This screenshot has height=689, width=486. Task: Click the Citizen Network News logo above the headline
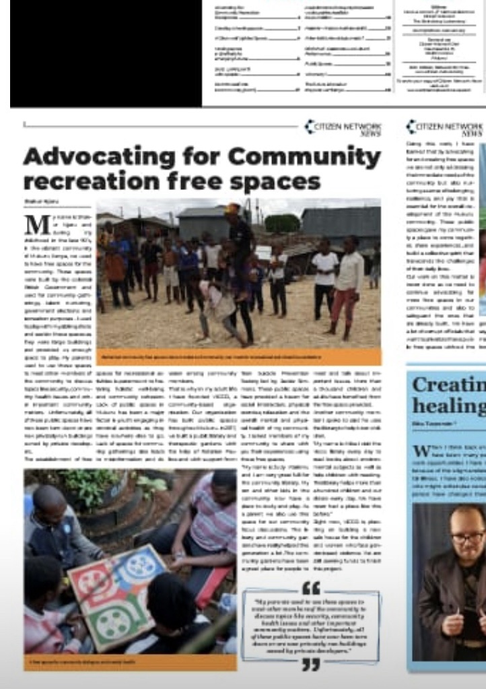click(x=343, y=128)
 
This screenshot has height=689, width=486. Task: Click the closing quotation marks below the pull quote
click(x=310, y=665)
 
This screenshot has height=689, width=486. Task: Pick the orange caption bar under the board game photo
click(x=130, y=663)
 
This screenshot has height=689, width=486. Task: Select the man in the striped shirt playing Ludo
click(x=212, y=512)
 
